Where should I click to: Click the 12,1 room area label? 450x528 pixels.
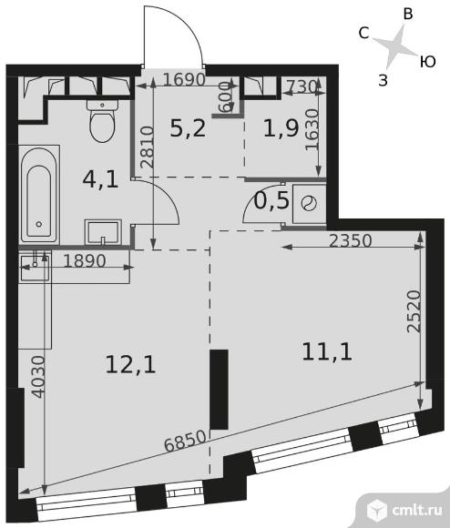[x=130, y=365]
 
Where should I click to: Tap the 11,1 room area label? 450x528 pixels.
[x=327, y=352]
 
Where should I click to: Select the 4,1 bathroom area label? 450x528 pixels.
[x=100, y=179]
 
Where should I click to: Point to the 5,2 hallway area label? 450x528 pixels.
[x=188, y=128]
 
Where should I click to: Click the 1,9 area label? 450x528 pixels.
[x=281, y=128]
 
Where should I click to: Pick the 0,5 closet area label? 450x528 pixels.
[x=271, y=200]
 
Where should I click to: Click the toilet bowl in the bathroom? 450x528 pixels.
[x=103, y=121]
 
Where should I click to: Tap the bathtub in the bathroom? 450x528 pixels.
[x=39, y=195]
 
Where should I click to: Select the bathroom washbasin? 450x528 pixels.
[x=103, y=232]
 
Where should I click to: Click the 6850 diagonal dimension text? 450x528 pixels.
[x=185, y=442]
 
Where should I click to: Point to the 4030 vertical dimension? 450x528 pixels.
[x=39, y=377]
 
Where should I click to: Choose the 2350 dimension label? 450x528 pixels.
[x=351, y=240]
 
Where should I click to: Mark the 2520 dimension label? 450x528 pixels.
[x=414, y=311]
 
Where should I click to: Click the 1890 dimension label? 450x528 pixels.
[x=85, y=260]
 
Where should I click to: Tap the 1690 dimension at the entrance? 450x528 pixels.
[x=184, y=79]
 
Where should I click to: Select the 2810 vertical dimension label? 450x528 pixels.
[x=148, y=147]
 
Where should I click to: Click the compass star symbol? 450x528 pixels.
[x=394, y=46]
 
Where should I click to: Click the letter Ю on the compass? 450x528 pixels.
[x=428, y=62]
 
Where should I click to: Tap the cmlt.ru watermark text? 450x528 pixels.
[x=417, y=511]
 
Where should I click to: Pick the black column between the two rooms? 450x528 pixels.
[x=219, y=390]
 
